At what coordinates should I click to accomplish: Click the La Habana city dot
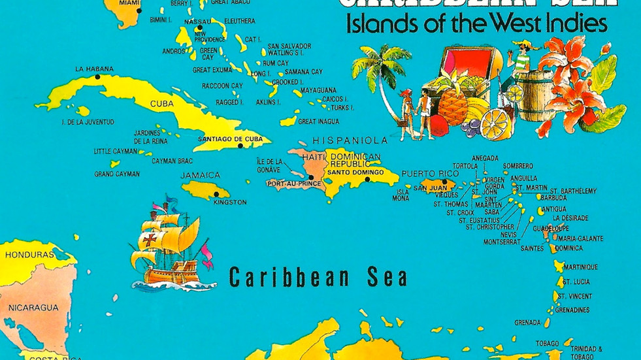click(x=97, y=77)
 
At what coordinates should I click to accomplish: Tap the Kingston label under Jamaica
click(x=230, y=203)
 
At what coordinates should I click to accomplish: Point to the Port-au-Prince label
click(x=293, y=184)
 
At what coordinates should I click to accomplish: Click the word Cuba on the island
click(x=161, y=104)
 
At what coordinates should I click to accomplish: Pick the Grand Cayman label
click(x=117, y=174)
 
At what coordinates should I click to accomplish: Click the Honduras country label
click(x=29, y=255)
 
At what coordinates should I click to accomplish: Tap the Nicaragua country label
click(x=33, y=307)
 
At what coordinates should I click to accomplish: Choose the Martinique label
click(x=580, y=267)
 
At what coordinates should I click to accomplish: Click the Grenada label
click(x=527, y=323)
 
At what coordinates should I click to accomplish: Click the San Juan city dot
click(x=444, y=182)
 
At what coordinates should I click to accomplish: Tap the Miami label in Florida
click(x=129, y=3)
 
